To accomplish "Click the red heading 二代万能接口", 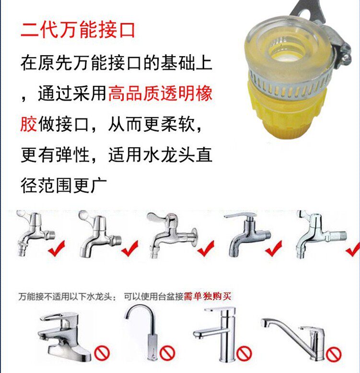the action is pyautogui.click(x=78, y=30).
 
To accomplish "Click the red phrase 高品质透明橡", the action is pyautogui.click(x=160, y=93).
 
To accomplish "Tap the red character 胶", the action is pyautogui.click(x=29, y=124).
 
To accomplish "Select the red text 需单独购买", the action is pyautogui.click(x=208, y=296).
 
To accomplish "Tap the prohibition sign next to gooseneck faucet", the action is pyautogui.click(x=167, y=353).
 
